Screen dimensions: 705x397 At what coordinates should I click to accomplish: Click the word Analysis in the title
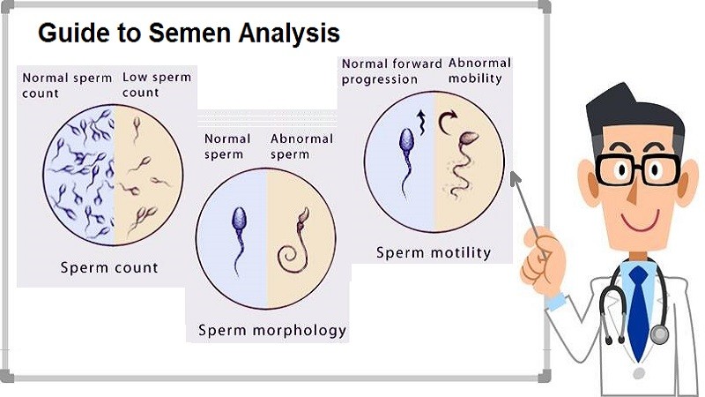289,34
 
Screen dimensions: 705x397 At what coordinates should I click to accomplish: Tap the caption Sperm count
109,268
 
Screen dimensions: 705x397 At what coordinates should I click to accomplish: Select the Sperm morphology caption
272,331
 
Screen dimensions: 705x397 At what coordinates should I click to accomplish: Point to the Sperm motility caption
434,253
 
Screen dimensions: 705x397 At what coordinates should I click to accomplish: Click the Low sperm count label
157,85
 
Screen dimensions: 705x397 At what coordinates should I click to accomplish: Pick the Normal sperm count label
67,85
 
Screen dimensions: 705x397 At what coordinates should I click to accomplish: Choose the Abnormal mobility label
479,71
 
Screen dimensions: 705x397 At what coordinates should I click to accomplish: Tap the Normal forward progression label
391,71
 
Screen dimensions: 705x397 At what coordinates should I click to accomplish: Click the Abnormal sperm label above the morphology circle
301,146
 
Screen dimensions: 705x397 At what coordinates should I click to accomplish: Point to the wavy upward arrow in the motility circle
421,123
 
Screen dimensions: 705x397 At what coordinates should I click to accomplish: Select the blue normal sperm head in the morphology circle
239,218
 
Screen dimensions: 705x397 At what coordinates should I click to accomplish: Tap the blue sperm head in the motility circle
406,140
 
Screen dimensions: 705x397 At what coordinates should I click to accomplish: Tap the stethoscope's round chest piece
659,335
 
